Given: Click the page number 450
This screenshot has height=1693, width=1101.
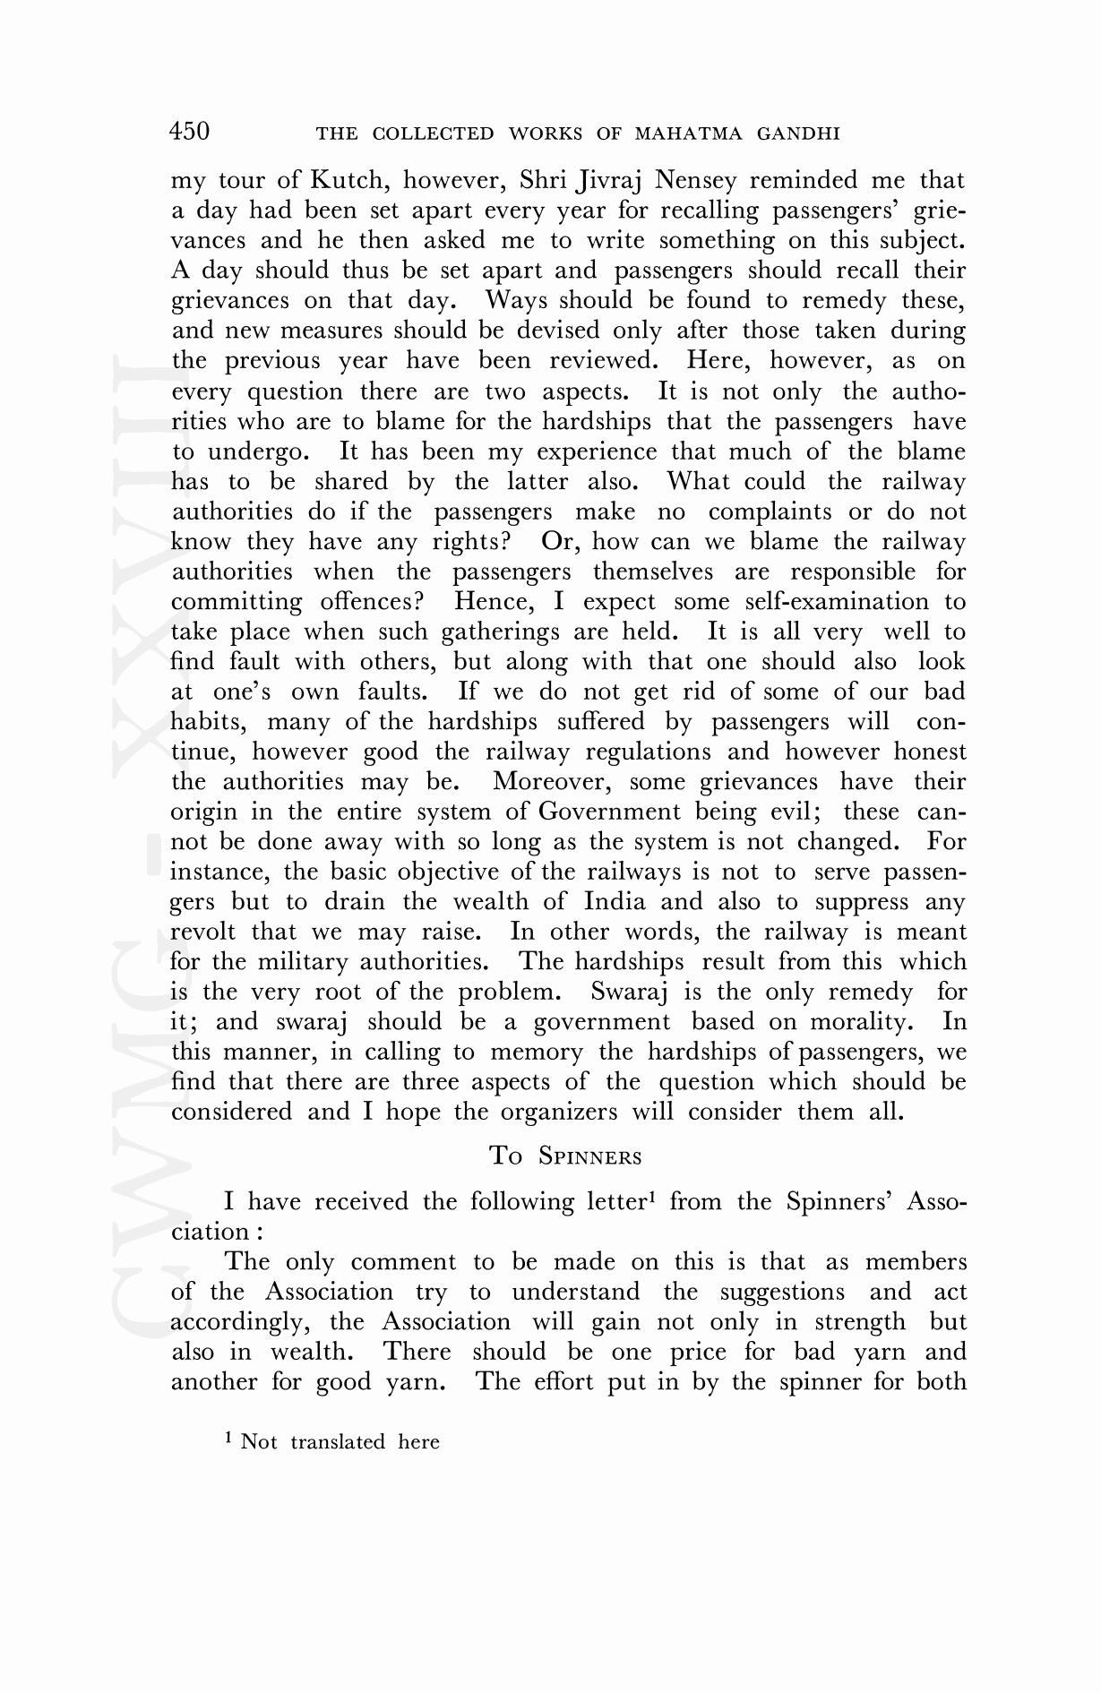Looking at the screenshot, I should tap(190, 132).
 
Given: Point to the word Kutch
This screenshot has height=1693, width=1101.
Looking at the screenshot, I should tap(348, 181).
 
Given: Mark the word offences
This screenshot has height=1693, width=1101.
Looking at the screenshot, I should tap(370, 601).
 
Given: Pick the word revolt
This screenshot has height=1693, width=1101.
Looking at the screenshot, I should tap(203, 932).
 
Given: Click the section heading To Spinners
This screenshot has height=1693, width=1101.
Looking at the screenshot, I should tap(566, 1156).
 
